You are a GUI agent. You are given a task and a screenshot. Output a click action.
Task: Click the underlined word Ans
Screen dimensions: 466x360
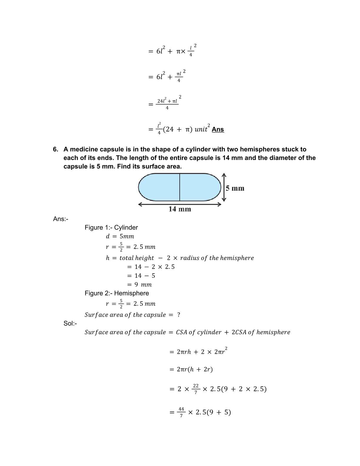(x=218, y=129)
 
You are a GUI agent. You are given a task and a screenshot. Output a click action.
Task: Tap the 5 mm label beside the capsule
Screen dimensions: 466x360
(x=235, y=188)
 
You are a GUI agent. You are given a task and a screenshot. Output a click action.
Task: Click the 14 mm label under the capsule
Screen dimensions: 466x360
(x=180, y=209)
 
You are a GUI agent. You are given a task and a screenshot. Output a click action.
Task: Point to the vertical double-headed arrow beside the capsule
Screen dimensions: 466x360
(x=224, y=187)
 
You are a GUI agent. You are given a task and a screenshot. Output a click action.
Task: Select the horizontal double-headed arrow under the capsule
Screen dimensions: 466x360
(x=180, y=204)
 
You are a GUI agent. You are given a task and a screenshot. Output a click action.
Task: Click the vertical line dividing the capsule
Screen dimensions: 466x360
(x=180, y=187)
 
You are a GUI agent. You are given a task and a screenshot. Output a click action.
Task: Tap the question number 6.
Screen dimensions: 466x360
(x=55, y=149)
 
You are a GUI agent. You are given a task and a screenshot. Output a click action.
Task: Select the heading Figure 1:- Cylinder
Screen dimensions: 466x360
(x=111, y=227)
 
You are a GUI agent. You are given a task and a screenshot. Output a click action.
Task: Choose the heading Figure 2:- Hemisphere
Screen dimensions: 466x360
(x=117, y=293)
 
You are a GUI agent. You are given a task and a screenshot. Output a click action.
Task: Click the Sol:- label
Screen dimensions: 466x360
(x=70, y=323)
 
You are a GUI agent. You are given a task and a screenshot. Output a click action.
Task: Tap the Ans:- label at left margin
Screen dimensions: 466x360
(x=61, y=219)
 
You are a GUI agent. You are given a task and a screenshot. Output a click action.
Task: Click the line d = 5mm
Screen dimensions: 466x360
(x=120, y=236)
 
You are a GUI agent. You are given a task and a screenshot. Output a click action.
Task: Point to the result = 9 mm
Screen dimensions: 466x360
(x=139, y=284)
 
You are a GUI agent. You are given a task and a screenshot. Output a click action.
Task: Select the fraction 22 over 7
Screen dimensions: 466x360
(x=196, y=389)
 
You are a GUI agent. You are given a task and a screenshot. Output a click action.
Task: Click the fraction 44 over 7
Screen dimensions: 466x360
(x=181, y=412)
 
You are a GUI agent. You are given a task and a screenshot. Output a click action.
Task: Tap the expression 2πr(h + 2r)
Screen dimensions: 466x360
(x=194, y=369)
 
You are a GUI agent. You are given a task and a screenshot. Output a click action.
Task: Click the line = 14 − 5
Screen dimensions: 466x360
(x=141, y=276)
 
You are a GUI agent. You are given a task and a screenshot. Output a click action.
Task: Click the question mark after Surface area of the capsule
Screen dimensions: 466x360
(x=179, y=315)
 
